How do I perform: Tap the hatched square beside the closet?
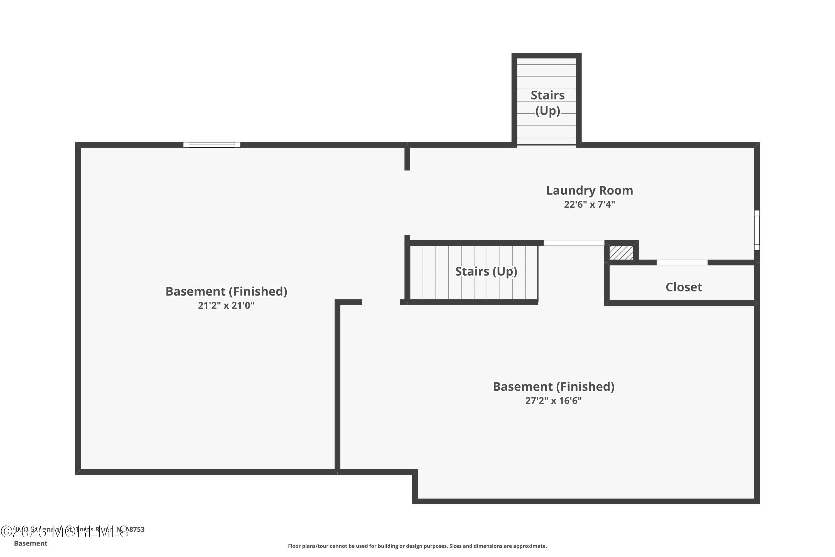(621, 253)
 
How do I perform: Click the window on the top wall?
(212, 145)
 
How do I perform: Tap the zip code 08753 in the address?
(135, 529)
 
